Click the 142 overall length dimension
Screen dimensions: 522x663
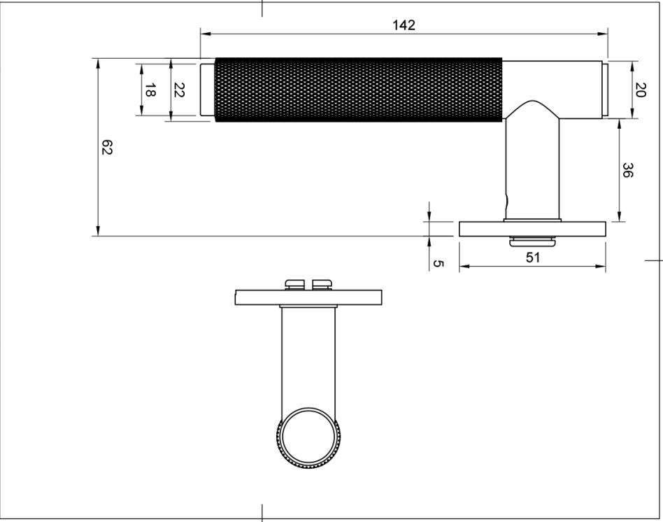[404, 25]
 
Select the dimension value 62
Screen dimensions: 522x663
[107, 148]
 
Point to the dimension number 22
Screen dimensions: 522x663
[178, 90]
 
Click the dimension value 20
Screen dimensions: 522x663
[639, 90]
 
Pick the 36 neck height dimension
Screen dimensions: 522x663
[627, 171]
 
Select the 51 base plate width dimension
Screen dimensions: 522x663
[533, 257]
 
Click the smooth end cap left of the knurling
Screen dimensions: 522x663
[208, 90]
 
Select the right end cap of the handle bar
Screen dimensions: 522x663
[605, 90]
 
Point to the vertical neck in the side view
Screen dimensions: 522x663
[533, 168]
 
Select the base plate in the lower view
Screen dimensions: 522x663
[308, 297]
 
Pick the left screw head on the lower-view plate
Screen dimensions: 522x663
[294, 283]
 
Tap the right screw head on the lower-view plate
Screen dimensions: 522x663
[322, 283]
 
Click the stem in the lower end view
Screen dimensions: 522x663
[308, 357]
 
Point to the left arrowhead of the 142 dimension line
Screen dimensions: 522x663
[204, 32]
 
